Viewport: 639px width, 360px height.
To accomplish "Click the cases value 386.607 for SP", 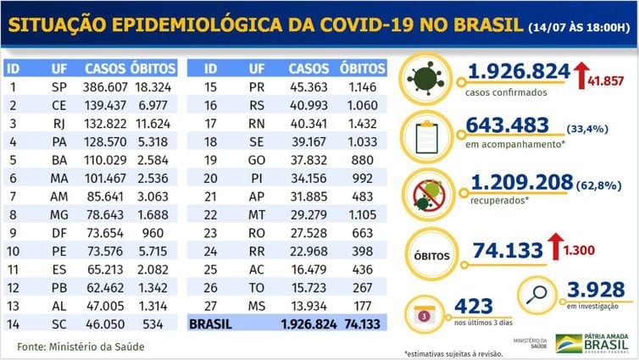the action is pos(105,87).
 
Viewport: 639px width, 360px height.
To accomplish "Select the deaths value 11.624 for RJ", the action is pos(153,124).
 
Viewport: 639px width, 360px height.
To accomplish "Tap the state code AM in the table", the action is pos(59,197).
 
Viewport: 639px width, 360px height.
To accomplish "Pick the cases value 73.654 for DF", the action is pos(105,233).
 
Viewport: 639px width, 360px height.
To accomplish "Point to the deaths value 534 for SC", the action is pos(153,324).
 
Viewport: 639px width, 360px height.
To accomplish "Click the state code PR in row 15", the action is pos(257,87).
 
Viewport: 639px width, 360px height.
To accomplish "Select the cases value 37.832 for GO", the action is pos(308,160).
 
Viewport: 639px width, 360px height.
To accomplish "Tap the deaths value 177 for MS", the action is pos(362,307).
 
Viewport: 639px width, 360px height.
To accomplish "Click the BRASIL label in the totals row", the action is pos(210,324).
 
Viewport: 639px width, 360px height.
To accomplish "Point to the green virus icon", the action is pos(425,79).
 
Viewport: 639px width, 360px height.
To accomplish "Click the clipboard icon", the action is pos(426,137).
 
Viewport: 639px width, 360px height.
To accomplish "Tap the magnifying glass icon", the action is pos(536,295).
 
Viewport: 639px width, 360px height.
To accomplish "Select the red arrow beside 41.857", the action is pos(581,75).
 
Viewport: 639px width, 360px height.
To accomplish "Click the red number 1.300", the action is pos(579,250).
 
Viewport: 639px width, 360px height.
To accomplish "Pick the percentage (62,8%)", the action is pos(598,186).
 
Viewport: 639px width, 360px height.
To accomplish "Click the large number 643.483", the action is pos(508,125).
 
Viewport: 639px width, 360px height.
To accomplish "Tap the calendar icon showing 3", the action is pos(424,316).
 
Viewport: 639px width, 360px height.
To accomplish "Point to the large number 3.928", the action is pos(596,290).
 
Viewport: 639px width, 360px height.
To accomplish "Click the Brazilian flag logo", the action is pos(569,344).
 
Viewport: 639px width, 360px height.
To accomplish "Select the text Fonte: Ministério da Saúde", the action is pos(81,347).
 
